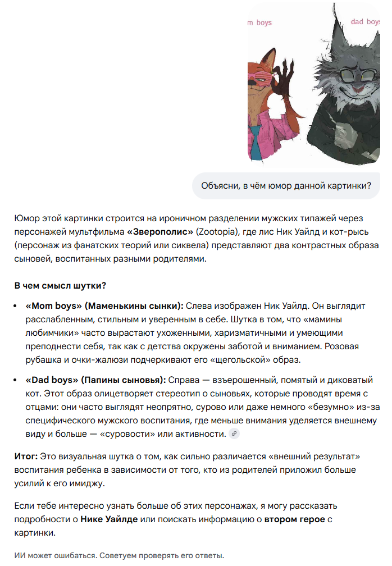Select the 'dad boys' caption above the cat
[365, 22]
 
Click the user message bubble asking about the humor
[286, 186]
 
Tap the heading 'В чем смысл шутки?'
[61, 285]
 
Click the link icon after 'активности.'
[234, 433]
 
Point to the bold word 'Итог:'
[26, 455]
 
